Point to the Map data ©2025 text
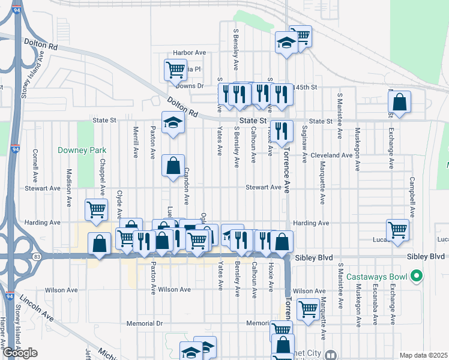[x=424, y=355]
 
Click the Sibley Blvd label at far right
[x=427, y=256]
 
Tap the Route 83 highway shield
[x=37, y=257]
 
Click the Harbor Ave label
[x=189, y=53]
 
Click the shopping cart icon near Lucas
[x=397, y=229]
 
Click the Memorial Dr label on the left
[x=145, y=323]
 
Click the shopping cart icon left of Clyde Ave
[x=97, y=209]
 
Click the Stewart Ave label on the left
[x=43, y=188]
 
